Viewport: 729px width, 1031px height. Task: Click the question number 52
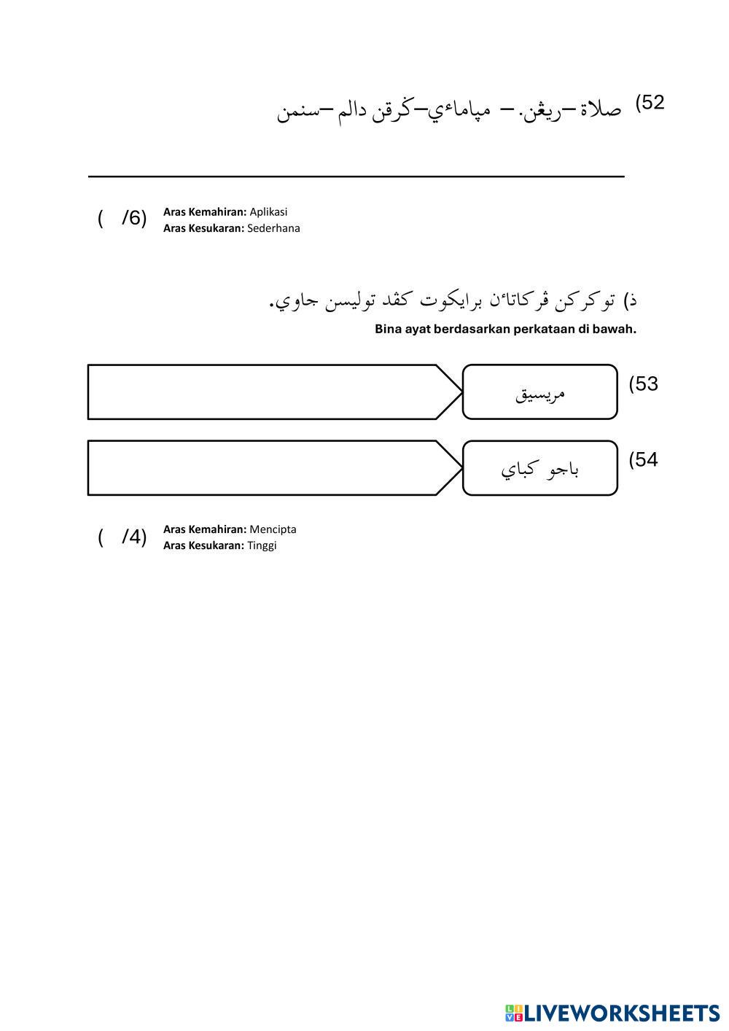pyautogui.click(x=650, y=103)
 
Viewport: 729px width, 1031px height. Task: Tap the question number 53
pyautogui.click(x=644, y=384)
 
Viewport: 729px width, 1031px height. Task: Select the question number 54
pyautogui.click(x=644, y=460)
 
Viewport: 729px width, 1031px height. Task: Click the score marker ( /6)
pyautogui.click(x=122, y=218)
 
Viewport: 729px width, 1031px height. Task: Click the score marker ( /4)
pyautogui.click(x=122, y=538)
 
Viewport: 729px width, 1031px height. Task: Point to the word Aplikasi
pyautogui.click(x=268, y=212)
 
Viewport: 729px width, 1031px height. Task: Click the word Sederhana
pyautogui.click(x=273, y=228)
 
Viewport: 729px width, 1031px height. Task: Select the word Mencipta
pyautogui.click(x=273, y=530)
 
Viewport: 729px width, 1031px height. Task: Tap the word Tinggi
pyautogui.click(x=262, y=546)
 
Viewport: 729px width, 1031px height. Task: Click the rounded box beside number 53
pyautogui.click(x=540, y=392)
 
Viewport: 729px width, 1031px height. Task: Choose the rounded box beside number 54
pyautogui.click(x=540, y=468)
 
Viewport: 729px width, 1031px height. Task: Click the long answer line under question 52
pyautogui.click(x=356, y=176)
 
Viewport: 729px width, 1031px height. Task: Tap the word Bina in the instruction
pyautogui.click(x=388, y=330)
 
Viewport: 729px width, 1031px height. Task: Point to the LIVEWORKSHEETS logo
pyautogui.click(x=612, y=1013)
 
